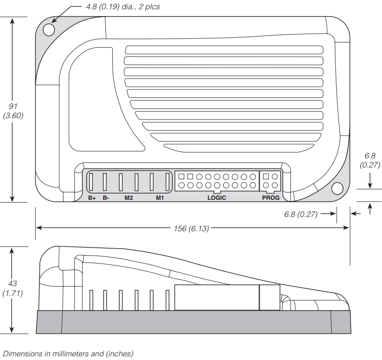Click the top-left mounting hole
49,30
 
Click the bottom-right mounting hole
337,189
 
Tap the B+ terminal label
92,198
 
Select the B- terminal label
106,198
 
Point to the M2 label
128,198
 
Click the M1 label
160,198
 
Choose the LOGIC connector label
217,198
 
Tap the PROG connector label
271,198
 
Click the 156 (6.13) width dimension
192,228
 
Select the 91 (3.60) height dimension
13,111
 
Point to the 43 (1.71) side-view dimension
12,288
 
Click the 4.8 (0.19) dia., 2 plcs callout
123,6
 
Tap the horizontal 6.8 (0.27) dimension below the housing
301,214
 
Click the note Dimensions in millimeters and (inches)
68,354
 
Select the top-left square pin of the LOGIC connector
181,176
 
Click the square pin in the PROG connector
266,176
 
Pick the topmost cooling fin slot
224,50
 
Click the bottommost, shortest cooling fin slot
239,148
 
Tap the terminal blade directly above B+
91,181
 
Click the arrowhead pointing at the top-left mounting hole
54,20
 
